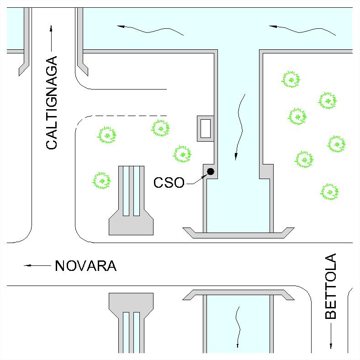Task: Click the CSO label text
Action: point(169,183)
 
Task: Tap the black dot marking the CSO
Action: point(210,171)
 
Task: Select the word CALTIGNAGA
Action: point(52,103)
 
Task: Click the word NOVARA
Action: point(85,266)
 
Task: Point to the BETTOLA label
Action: point(331,286)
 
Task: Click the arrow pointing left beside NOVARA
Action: point(37,265)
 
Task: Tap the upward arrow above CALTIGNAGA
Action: point(51,38)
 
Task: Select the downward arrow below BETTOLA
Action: point(331,336)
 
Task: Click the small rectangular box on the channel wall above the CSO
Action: point(206,128)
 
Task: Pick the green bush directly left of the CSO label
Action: point(101,180)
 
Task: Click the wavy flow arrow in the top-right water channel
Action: point(302,30)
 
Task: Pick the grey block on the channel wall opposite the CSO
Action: point(266,171)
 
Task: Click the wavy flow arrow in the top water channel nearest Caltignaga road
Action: point(150,30)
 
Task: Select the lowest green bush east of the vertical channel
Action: point(329,192)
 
